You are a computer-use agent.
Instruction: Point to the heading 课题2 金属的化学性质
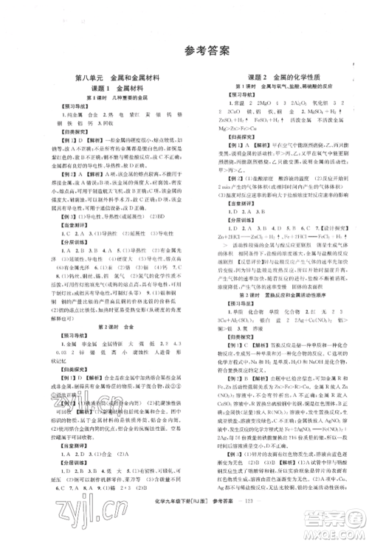[267, 77]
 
